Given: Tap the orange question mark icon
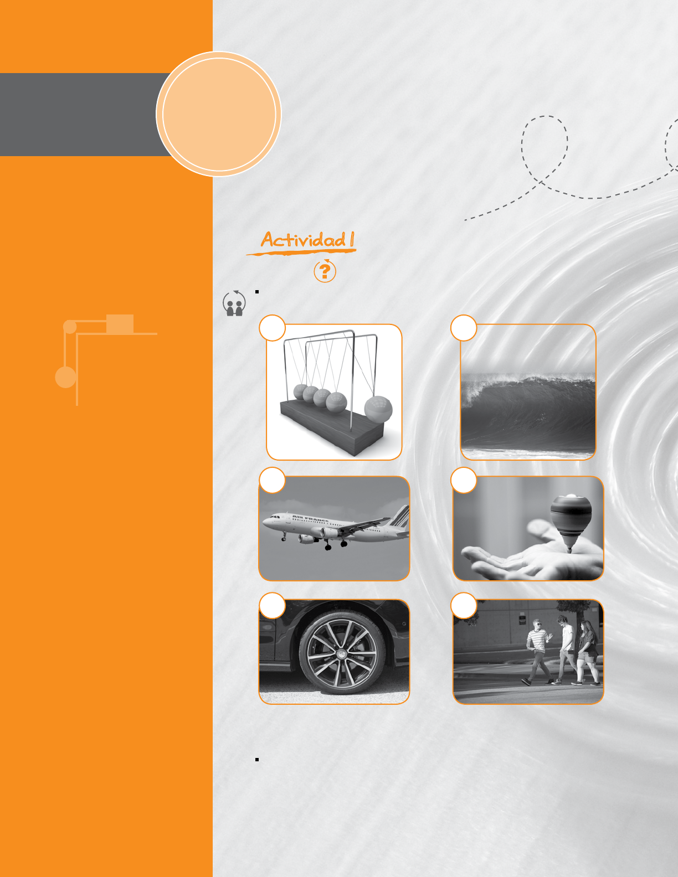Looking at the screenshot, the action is click(325, 270).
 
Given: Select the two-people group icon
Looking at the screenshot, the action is click(234, 303).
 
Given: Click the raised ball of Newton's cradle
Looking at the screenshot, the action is click(378, 409).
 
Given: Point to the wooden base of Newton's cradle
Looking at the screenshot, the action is click(332, 428).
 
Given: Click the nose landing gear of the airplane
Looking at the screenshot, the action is click(284, 536).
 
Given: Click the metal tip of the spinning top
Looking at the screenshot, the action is click(569, 549).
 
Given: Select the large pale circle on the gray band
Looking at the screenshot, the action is click(218, 114).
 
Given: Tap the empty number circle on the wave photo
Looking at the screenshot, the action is click(464, 328).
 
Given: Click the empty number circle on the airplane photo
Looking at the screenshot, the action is click(272, 480).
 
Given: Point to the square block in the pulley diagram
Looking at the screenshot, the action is click(120, 324).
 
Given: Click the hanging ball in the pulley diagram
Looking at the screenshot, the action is click(65, 378).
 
